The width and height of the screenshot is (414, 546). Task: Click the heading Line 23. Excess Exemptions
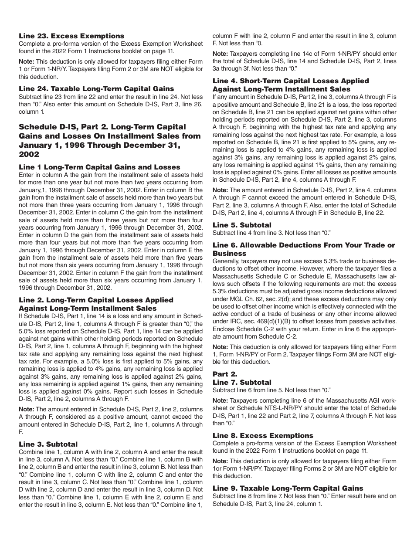71,36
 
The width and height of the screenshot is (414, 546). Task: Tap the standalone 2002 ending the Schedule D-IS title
29,154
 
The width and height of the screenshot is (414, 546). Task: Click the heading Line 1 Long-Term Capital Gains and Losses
99,167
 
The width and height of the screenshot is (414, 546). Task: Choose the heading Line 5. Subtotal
242,225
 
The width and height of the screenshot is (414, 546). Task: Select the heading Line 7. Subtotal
242,382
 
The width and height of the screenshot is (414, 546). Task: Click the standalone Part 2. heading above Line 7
225,374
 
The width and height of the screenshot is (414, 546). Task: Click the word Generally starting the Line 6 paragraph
227,261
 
